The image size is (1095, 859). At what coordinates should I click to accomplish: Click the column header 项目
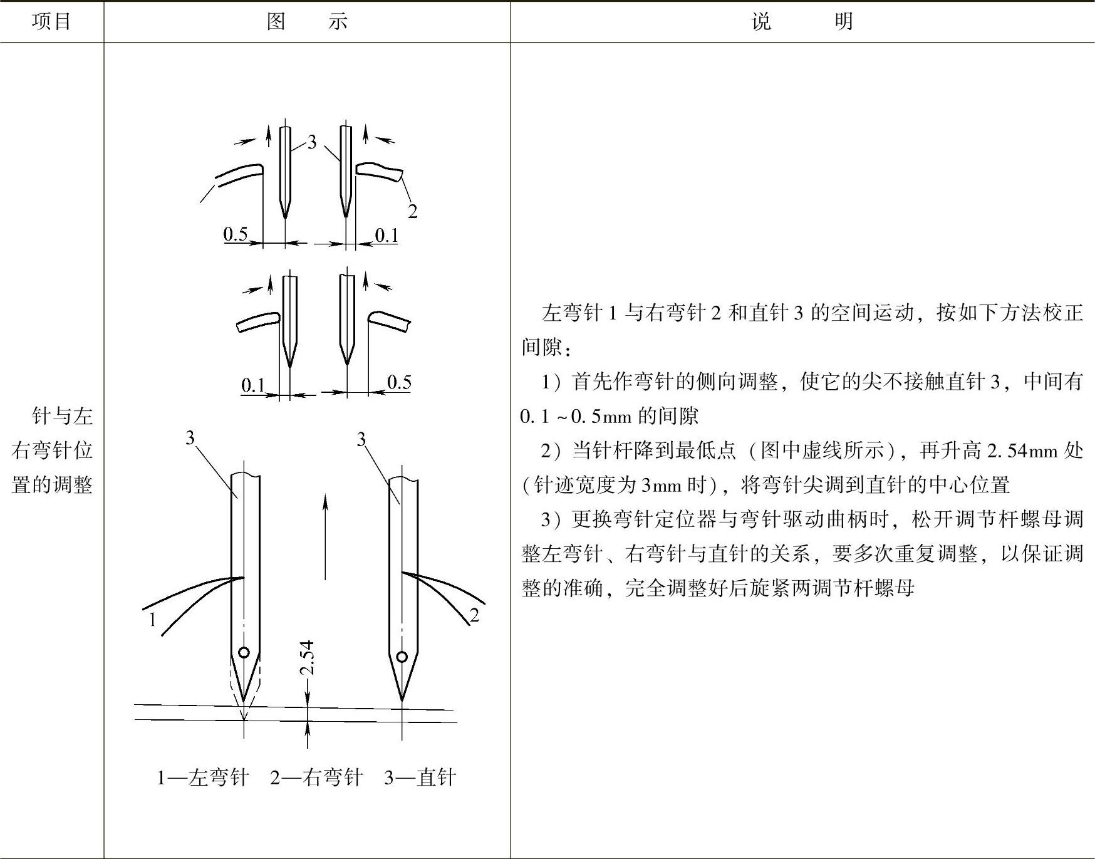(51, 22)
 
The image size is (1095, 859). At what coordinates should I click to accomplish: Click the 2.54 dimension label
(307, 658)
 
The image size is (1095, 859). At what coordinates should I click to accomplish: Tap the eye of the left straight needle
(244, 652)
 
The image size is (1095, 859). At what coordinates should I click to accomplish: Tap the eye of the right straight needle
(402, 657)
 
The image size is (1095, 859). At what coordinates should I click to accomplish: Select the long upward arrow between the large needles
(325, 536)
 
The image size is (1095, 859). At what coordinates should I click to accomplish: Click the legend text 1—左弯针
(202, 778)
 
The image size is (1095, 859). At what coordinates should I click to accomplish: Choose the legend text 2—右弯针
(316, 778)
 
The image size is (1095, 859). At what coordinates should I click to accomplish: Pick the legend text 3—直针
(420, 778)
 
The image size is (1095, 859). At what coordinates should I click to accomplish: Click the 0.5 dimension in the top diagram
(236, 234)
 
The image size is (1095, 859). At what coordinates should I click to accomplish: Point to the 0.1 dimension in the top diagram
(387, 235)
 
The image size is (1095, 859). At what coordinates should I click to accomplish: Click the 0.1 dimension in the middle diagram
(253, 385)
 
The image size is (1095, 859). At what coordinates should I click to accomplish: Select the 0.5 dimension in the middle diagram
(399, 382)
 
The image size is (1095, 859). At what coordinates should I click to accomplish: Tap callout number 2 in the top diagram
(412, 212)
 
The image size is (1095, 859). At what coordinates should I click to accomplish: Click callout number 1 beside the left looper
(152, 620)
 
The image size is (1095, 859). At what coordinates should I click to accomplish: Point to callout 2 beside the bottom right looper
(474, 615)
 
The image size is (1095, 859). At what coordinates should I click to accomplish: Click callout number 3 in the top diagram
(312, 143)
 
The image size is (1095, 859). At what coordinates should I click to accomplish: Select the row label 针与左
(62, 416)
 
